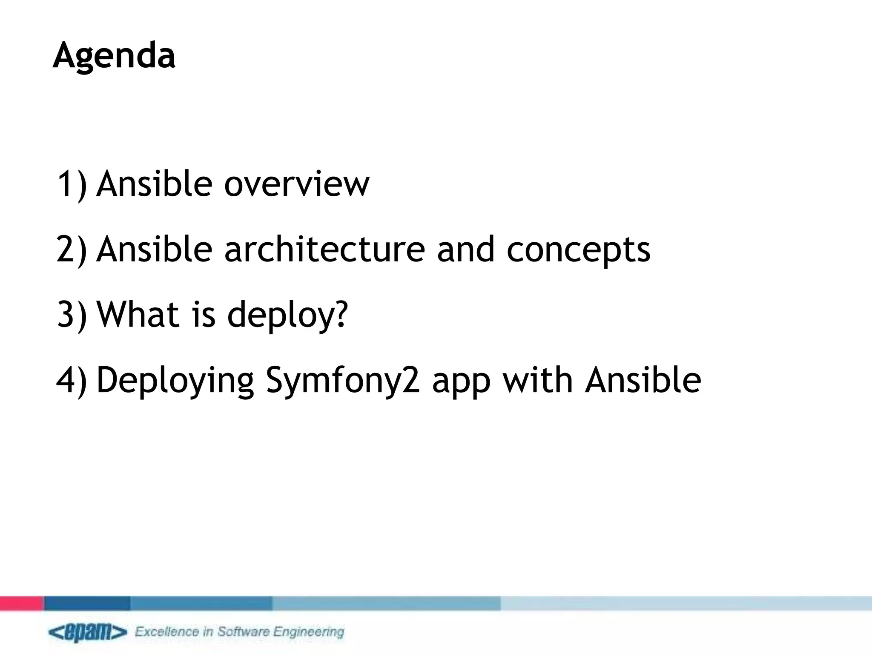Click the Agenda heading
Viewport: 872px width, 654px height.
coord(114,56)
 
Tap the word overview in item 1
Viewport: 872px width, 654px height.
coord(296,184)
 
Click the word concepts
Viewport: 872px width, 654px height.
coord(578,250)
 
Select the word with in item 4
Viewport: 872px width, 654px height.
coord(537,380)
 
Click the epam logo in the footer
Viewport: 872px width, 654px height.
coord(87,632)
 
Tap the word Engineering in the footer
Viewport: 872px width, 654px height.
coord(308,632)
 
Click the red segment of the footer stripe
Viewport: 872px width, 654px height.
coord(21,603)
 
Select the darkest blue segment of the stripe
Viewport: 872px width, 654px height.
coord(87,603)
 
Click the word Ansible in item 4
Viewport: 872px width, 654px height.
coord(643,380)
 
